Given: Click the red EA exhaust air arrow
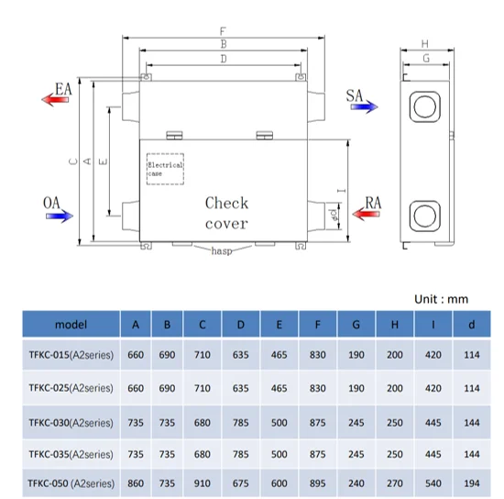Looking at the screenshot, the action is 55,99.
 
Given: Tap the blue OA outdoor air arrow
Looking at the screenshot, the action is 60,216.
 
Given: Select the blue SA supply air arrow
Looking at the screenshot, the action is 364,106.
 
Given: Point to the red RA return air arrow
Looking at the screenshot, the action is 367,214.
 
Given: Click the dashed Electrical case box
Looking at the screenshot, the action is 165,169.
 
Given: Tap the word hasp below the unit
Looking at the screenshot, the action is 222,250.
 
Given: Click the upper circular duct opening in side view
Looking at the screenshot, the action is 425,106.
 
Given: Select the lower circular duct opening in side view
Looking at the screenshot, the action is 425,216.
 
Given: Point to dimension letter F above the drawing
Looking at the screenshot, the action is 223,31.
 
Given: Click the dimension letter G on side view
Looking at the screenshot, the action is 426,58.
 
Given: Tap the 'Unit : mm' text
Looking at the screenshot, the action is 441,299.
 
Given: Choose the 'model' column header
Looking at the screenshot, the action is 71,325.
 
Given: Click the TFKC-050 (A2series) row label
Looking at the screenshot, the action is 71,483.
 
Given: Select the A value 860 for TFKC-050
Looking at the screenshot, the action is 136,483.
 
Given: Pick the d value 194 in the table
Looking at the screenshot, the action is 472,483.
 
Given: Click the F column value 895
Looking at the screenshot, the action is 318,483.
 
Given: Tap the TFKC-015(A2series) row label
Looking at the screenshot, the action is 71,355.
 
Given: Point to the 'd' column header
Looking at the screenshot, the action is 472,325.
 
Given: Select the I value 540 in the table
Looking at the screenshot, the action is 433,483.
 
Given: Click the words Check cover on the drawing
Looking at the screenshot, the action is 226,214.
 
